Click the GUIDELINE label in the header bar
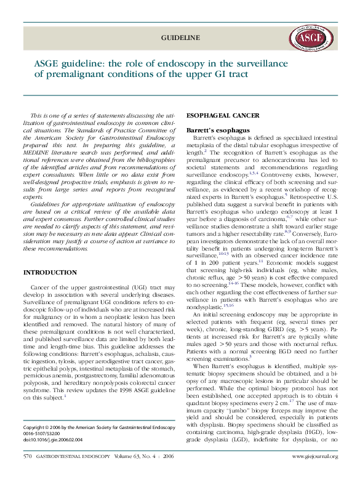[180, 38]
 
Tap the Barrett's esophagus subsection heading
[217, 131]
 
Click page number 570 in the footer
[28, 473]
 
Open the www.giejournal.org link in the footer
[314, 473]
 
